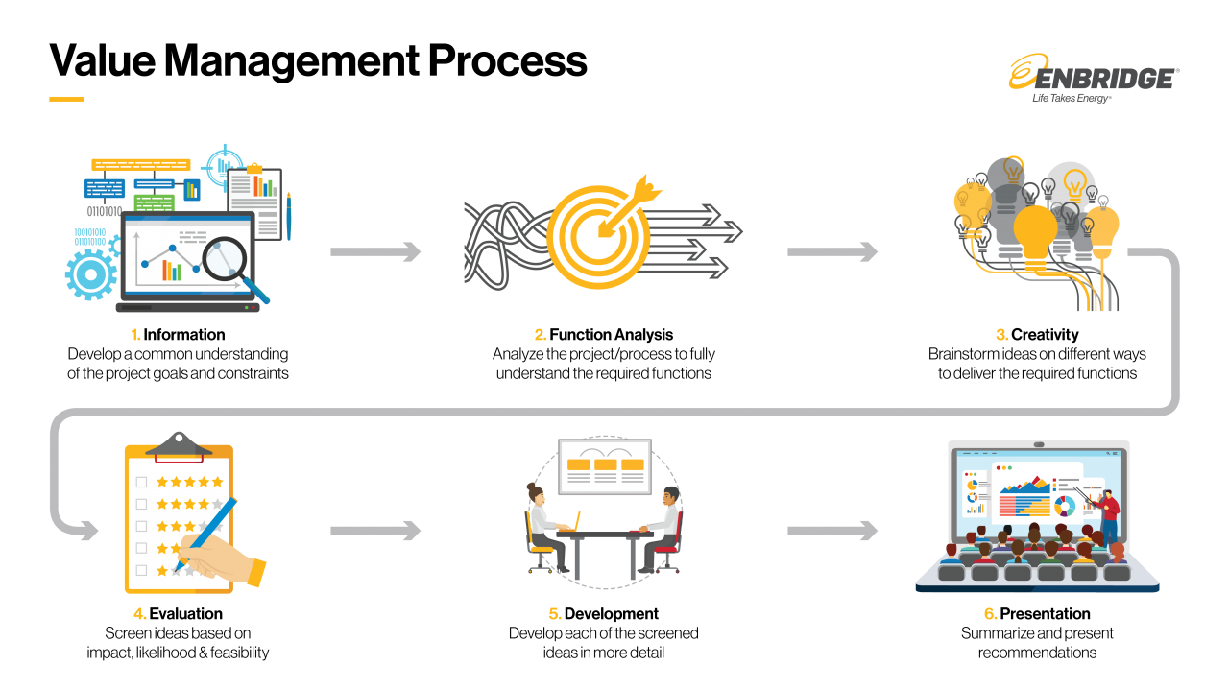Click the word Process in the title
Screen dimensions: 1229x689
pos(508,60)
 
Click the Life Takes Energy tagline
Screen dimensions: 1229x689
pos(1072,98)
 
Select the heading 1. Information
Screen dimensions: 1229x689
pos(178,334)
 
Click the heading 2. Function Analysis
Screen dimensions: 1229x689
pos(604,334)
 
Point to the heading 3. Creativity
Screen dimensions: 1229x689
pos(1037,334)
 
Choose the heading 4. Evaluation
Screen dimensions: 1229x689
pos(178,613)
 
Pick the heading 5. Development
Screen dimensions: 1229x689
pos(604,613)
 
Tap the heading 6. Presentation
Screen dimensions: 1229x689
pos(1037,613)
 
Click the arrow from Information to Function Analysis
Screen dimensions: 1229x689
pos(375,251)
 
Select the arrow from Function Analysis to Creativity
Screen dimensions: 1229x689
pos(832,251)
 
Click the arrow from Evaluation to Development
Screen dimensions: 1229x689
pos(375,531)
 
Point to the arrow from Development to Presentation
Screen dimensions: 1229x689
pos(832,531)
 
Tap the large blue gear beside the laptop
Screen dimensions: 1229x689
pos(91,274)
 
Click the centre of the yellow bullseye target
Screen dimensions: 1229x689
pos(599,237)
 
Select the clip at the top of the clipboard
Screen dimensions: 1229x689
pos(179,445)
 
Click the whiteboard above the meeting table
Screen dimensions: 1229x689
pos(605,466)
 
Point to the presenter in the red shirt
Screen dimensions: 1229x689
pos(1108,515)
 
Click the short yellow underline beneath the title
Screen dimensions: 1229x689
pos(66,99)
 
